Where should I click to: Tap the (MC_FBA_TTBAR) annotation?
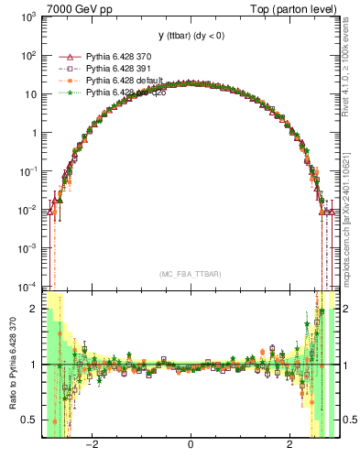(190, 274)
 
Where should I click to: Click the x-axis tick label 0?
(190, 445)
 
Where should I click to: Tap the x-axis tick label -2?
(91, 445)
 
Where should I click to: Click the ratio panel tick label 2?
(34, 309)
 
